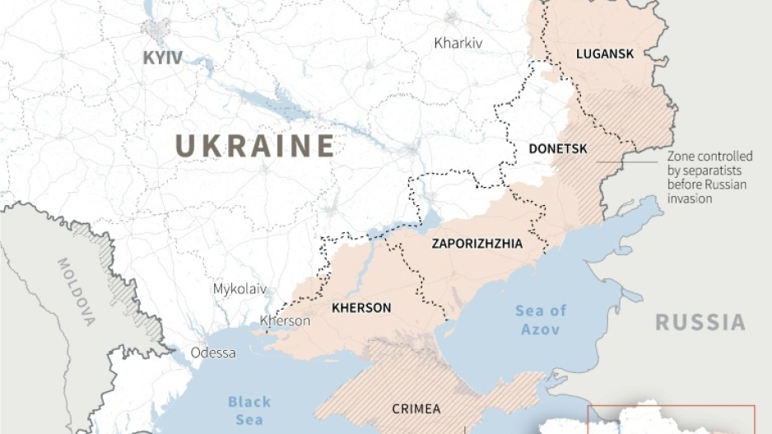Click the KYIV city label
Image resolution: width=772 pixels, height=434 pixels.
pyautogui.click(x=162, y=58)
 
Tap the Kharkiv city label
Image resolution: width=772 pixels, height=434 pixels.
pyautogui.click(x=458, y=43)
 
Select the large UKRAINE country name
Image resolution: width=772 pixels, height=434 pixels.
pyautogui.click(x=255, y=146)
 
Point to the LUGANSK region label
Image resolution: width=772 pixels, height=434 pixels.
pyautogui.click(x=605, y=54)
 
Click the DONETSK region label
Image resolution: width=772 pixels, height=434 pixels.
pyautogui.click(x=557, y=149)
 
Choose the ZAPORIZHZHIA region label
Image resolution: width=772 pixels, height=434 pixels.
pyautogui.click(x=477, y=244)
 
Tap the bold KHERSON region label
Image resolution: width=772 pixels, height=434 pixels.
pyautogui.click(x=360, y=308)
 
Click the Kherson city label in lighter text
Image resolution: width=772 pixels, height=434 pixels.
pyautogui.click(x=285, y=320)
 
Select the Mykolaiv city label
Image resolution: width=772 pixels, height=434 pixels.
pyautogui.click(x=240, y=289)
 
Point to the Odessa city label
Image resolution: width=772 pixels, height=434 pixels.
pyautogui.click(x=213, y=352)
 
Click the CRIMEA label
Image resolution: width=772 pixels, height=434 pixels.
pyautogui.click(x=416, y=408)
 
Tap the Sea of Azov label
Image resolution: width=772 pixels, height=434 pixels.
pyautogui.click(x=541, y=320)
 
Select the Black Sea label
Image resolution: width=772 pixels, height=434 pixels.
pyautogui.click(x=249, y=410)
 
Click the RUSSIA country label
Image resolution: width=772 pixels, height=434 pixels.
pyautogui.click(x=700, y=322)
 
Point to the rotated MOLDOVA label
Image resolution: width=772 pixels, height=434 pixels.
pyautogui.click(x=77, y=293)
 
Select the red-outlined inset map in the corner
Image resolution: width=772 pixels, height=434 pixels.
pyautogui.click(x=671, y=418)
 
